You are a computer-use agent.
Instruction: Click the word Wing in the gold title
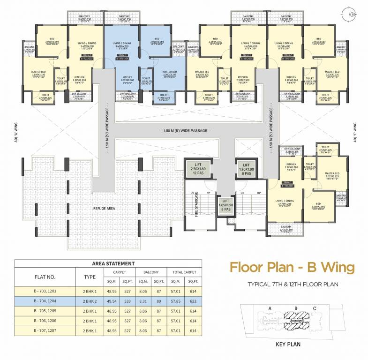click(x=334, y=267)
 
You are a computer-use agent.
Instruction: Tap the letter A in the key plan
click(x=270, y=308)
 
